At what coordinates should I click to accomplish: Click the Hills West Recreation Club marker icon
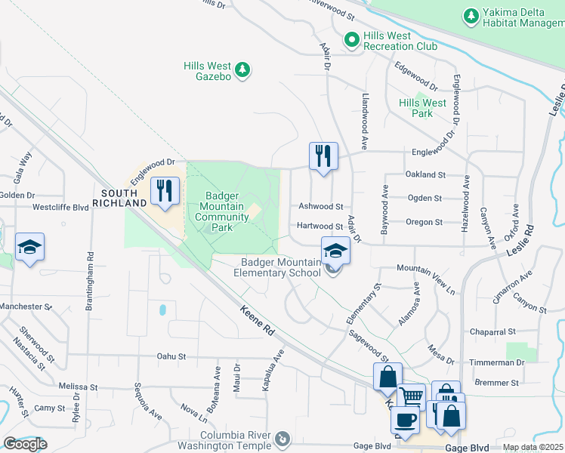(350, 40)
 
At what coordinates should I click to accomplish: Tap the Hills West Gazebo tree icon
(242, 71)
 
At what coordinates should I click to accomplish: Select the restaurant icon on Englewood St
(323, 156)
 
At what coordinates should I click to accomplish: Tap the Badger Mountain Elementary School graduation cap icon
(335, 251)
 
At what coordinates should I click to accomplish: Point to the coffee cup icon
(405, 420)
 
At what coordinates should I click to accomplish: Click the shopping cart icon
(411, 396)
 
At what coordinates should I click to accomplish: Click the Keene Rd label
(258, 322)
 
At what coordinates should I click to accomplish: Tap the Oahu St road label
(171, 357)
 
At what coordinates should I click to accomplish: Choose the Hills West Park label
(422, 108)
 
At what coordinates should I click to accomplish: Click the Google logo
(24, 444)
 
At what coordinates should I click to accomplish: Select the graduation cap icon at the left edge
(29, 247)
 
